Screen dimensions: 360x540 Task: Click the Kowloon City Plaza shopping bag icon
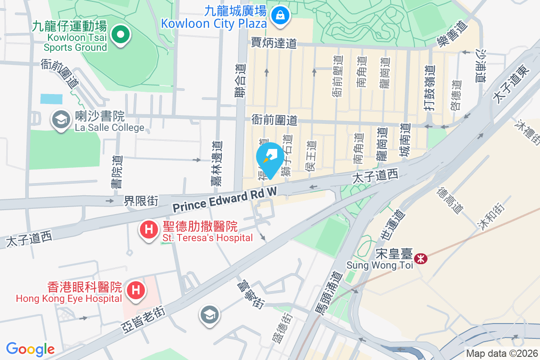tap(280, 16)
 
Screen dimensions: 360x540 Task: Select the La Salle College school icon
tap(60, 120)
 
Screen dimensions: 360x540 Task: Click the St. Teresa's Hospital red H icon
tap(149, 230)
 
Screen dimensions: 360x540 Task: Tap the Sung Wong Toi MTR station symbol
tap(421, 259)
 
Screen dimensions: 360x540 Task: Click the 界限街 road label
tap(141, 201)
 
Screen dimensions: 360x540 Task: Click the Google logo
tap(30, 349)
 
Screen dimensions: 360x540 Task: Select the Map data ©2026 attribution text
tap(501, 353)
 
